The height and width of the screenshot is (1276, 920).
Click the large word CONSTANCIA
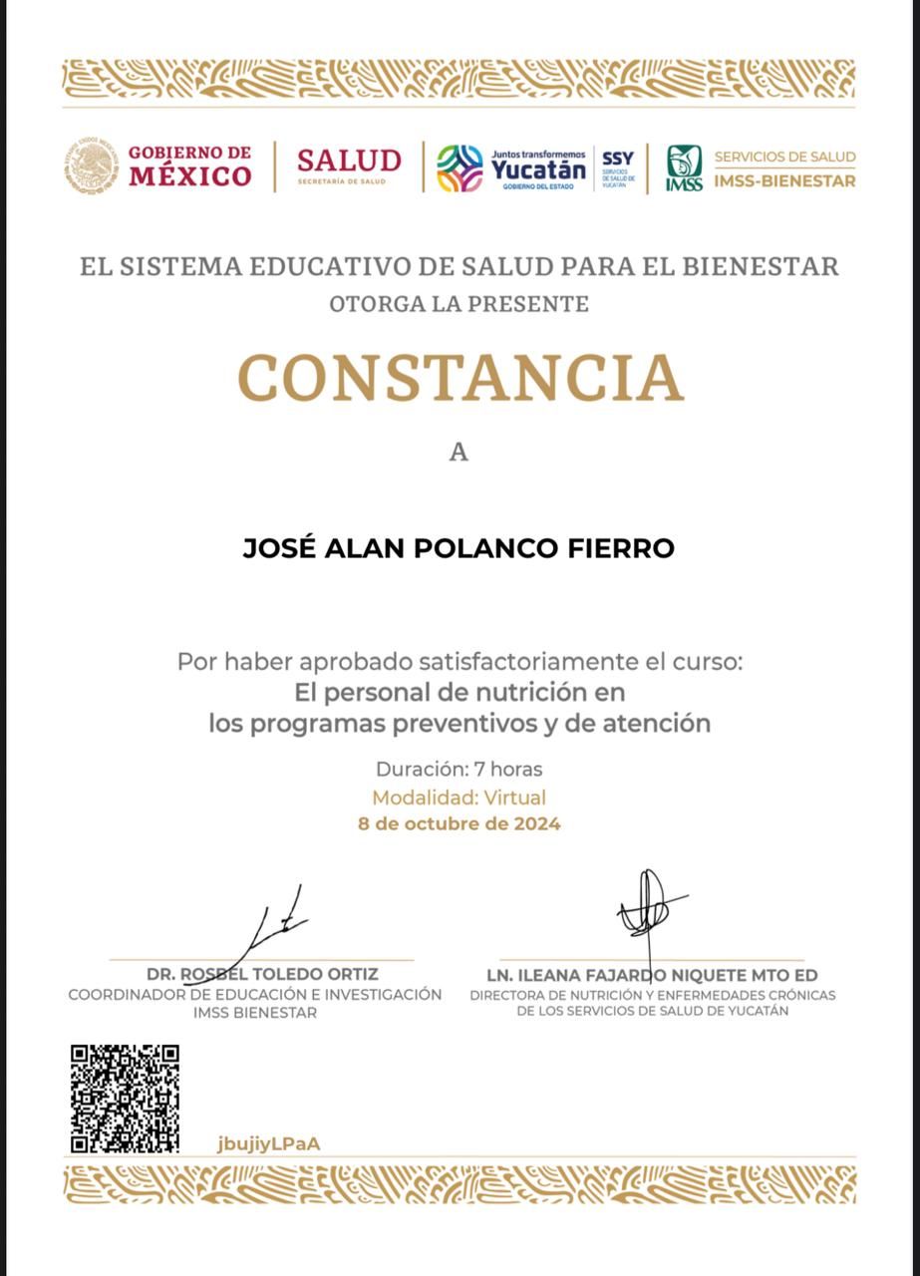tap(460, 378)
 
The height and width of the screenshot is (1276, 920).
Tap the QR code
tap(125, 1098)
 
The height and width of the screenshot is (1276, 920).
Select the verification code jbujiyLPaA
tap(268, 1143)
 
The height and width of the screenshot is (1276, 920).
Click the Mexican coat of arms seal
tap(93, 165)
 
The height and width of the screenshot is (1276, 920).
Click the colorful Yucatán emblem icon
tap(460, 167)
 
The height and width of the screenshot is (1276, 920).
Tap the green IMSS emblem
tap(684, 167)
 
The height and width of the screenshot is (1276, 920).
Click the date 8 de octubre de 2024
tap(460, 824)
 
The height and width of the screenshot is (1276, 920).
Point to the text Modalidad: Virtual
tap(460, 797)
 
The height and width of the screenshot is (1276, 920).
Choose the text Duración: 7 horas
tap(460, 770)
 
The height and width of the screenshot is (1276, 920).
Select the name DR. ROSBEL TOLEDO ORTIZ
tap(262, 974)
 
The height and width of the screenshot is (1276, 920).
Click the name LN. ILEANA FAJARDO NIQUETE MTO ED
tap(652, 975)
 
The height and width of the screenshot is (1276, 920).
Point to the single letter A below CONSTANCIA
tap(459, 453)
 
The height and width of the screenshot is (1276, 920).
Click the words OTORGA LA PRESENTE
tap(460, 304)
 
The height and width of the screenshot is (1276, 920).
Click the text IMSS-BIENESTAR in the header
tap(784, 181)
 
